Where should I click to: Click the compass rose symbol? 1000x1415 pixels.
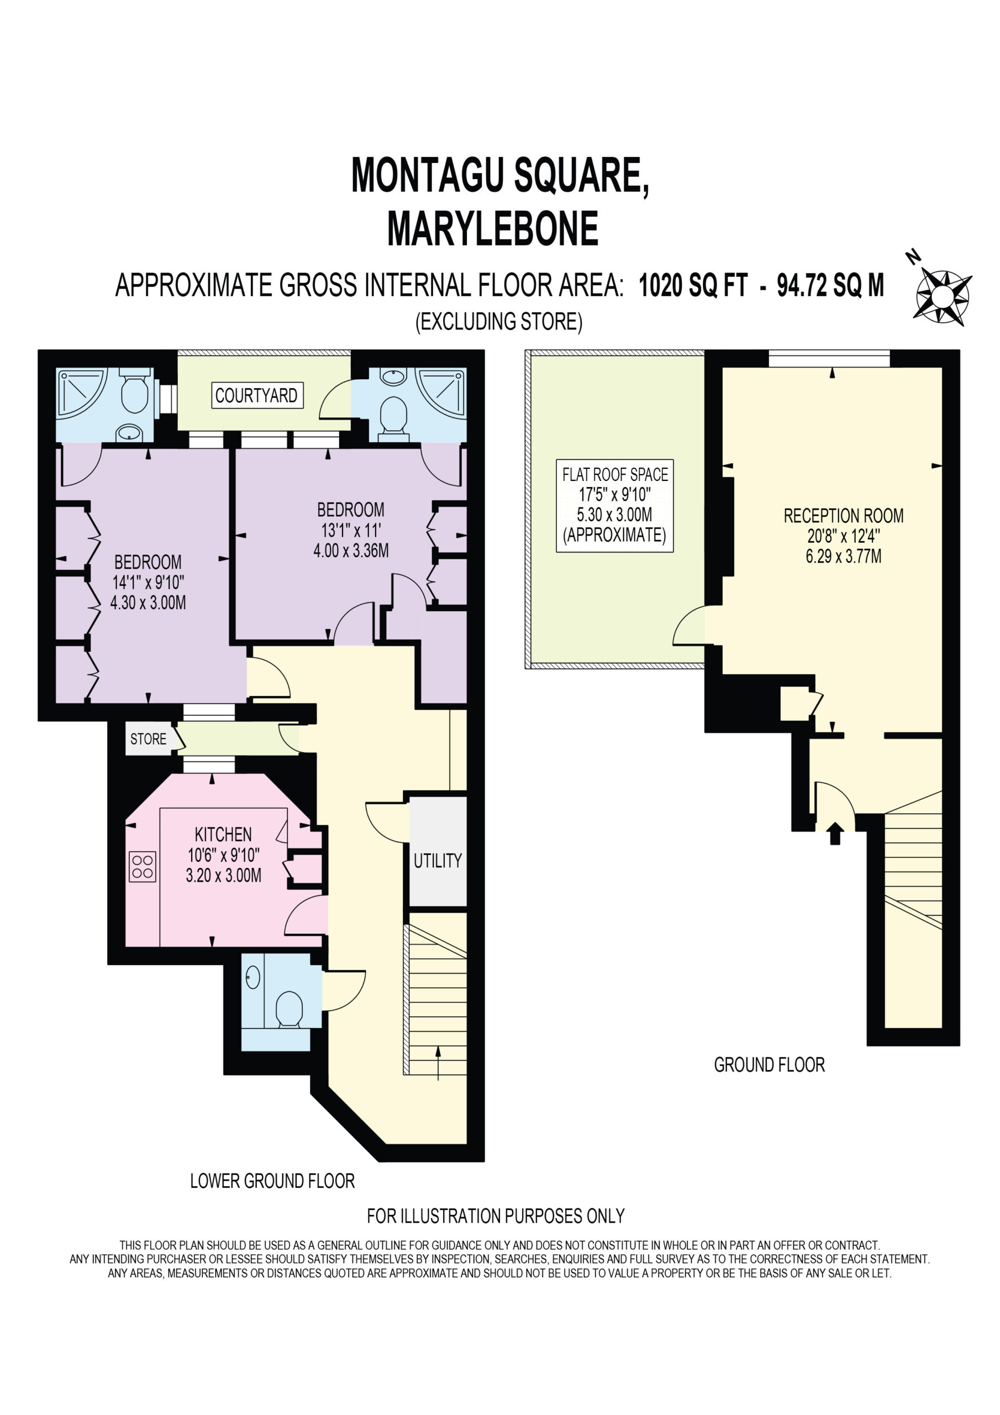click(941, 296)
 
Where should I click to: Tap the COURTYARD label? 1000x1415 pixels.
click(257, 395)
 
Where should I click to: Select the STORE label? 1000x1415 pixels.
click(148, 739)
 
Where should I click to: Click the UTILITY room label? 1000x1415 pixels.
click(438, 861)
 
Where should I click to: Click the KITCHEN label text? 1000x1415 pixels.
click(223, 835)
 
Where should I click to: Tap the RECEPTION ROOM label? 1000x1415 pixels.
click(844, 516)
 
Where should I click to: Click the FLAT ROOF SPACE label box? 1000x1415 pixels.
click(615, 505)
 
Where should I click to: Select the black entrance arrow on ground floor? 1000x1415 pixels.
click(835, 833)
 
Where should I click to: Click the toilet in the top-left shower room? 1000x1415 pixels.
click(134, 391)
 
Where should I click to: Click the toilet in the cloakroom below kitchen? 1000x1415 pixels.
click(289, 1012)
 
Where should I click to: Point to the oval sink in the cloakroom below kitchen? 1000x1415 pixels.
click(253, 977)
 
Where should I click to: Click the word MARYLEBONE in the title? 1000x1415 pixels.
click(493, 229)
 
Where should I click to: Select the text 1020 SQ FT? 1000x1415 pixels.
click(693, 285)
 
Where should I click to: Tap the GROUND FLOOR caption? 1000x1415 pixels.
click(769, 1065)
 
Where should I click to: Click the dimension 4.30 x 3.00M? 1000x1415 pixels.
click(148, 602)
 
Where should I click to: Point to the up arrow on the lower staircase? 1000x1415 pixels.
click(438, 1062)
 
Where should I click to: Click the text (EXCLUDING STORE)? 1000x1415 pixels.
click(499, 322)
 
